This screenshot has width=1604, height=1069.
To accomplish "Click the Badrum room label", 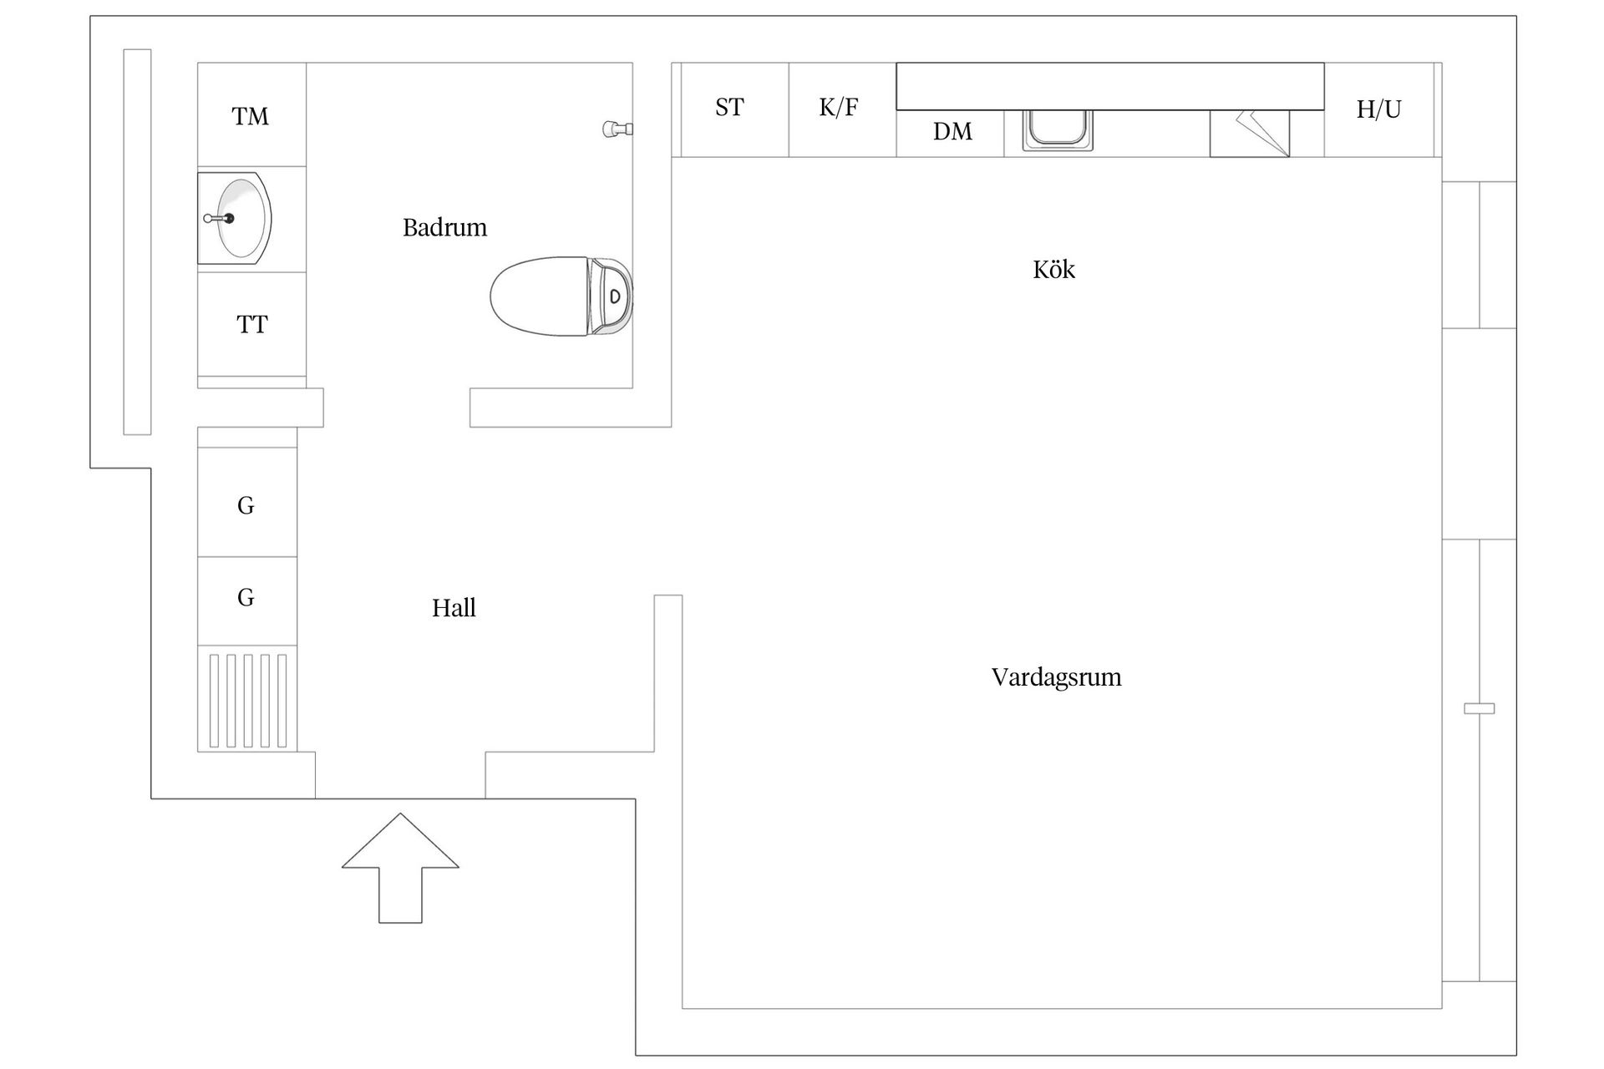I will [444, 227].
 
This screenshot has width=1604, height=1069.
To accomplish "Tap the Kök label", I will [1053, 270].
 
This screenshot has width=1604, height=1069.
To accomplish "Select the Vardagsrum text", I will [1056, 676].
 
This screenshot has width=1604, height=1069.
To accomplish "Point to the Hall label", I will [454, 608].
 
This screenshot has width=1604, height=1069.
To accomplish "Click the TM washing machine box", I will [251, 115].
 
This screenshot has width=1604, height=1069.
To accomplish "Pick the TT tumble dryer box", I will [251, 324].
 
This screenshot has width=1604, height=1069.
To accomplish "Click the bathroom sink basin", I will [242, 218].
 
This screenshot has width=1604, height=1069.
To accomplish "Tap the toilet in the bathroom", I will [560, 296].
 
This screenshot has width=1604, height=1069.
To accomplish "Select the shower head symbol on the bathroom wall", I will [617, 129].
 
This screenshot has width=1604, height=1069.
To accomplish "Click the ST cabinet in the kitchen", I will [729, 109].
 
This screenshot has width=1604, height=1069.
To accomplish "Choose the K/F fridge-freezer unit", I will [840, 109].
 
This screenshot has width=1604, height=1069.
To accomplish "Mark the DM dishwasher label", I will [952, 132].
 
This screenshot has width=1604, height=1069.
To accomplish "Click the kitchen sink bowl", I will [1058, 129].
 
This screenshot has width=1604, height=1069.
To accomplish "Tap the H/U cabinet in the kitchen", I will [1378, 109].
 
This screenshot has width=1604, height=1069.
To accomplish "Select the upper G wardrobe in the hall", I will [246, 504].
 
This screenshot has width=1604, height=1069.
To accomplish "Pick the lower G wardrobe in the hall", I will [246, 598].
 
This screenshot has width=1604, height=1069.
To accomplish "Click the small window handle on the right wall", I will [1479, 708].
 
